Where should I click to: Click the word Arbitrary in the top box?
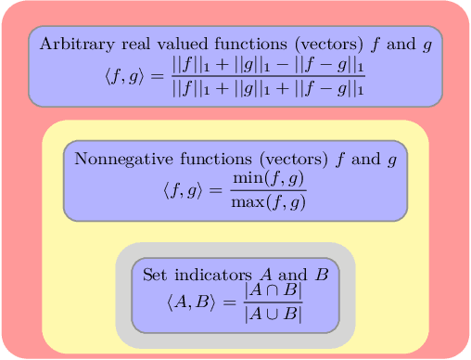pyautogui.click(x=72, y=44)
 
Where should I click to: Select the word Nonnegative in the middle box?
pyautogui.click(x=119, y=159)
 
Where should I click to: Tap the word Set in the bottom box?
pyautogui.click(x=154, y=276)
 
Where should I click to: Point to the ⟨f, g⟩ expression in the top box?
pyautogui.click(x=125, y=78)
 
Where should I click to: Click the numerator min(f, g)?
pyautogui.click(x=269, y=178)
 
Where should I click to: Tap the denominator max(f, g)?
pyautogui.click(x=269, y=201)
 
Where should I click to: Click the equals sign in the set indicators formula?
pyautogui.click(x=227, y=302)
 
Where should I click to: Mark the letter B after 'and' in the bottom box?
pyautogui.click(x=322, y=276)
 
